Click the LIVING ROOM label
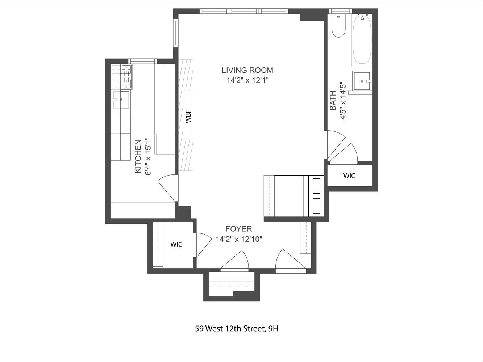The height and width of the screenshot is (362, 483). pyautogui.click(x=247, y=70)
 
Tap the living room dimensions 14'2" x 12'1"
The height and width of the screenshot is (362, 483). pyautogui.click(x=247, y=80)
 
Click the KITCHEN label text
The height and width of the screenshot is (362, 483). pyautogui.click(x=138, y=156)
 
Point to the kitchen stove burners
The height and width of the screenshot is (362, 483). pyautogui.click(x=121, y=77)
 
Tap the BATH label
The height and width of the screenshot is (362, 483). pyautogui.click(x=333, y=101)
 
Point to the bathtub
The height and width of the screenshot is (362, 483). pyautogui.click(x=362, y=40)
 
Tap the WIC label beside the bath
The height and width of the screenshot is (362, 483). pyautogui.click(x=349, y=176)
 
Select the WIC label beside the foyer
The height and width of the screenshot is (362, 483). pyautogui.click(x=176, y=244)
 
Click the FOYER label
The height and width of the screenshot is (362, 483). pyautogui.click(x=238, y=229)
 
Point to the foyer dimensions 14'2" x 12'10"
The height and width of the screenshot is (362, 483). pyautogui.click(x=239, y=239)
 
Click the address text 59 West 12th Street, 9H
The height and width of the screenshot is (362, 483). pyautogui.click(x=236, y=329)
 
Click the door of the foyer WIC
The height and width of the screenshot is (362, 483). pyautogui.click(x=203, y=244)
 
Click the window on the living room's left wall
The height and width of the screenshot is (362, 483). pyautogui.click(x=175, y=33)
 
